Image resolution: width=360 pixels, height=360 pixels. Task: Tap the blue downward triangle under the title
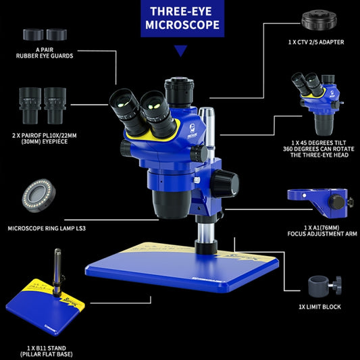click(180, 51)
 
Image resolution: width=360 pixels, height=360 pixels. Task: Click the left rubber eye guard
click(33, 34)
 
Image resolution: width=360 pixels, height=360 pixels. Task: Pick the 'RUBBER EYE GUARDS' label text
click(46, 56)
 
